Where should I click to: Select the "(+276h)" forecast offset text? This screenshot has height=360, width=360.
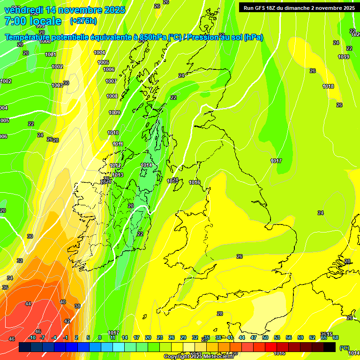tap(83, 21)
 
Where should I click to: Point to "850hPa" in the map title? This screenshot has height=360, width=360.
tap(152, 37)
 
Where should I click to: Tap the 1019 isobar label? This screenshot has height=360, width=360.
tap(343, 57)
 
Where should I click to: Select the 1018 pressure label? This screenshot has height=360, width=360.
tap(328, 86)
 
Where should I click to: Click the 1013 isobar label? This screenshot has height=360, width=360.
tap(117, 175)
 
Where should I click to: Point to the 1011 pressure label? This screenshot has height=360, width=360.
tap(118, 144)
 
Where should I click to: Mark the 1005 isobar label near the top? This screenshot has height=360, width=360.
tap(103, 62)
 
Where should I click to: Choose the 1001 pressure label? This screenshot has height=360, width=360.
tap(51, 54)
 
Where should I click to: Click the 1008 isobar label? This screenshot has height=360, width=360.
tap(112, 96)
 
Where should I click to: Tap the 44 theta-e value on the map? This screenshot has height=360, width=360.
tap(28, 304)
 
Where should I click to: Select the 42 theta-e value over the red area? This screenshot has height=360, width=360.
tap(67, 321)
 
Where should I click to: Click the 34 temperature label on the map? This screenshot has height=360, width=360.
tap(10, 278)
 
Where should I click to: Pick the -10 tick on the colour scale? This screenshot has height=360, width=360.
tap(32, 337)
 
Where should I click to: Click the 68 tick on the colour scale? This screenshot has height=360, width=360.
tap(336, 337)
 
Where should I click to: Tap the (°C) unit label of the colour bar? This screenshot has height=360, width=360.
tap(344, 347)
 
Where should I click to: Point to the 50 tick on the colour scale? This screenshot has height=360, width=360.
tap(265, 337)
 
